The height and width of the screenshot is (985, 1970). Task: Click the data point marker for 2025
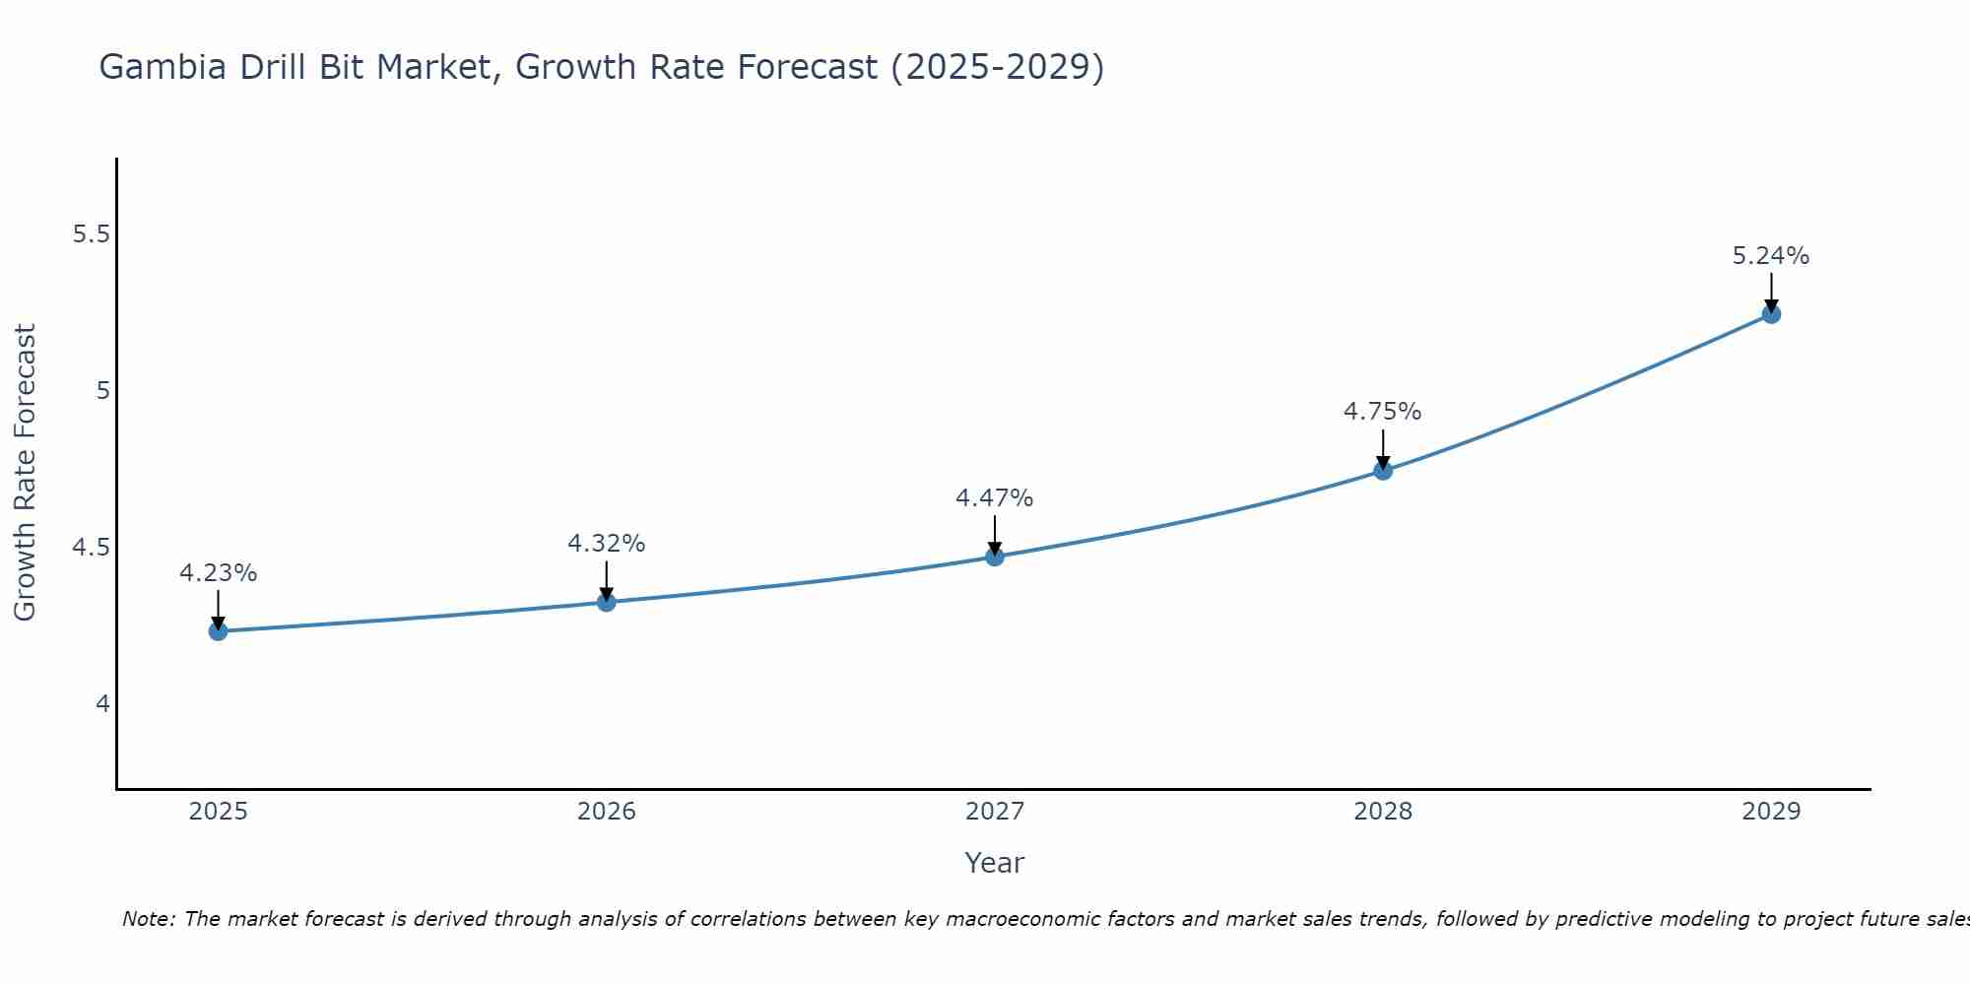coord(218,631)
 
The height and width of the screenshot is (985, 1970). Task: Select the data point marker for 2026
coord(607,602)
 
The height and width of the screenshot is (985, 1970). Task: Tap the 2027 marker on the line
coord(995,557)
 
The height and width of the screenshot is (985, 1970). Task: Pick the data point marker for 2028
coord(1383,470)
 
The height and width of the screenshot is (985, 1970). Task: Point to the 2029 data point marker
coord(1771,314)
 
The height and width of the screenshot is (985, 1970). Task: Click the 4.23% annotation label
coord(218,573)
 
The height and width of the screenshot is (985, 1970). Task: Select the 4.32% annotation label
coord(607,544)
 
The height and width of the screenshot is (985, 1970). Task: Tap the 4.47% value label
coord(995,498)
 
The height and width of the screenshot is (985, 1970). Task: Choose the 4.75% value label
coord(1383,412)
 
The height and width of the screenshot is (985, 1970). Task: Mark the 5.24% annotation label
coord(1771,256)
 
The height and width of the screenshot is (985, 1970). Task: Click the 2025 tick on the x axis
coord(218,812)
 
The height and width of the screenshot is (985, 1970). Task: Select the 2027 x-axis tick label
coord(995,812)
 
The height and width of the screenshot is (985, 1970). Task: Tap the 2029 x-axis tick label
coord(1771,812)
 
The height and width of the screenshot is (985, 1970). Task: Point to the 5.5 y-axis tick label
coord(91,234)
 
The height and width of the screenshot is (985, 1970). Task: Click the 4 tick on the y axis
coord(102,704)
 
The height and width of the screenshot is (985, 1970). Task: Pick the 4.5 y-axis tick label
coord(91,548)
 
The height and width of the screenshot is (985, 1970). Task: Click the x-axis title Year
coord(995,863)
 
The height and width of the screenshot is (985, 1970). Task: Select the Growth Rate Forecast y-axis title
coord(25,473)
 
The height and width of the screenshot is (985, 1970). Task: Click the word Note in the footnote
coord(147,919)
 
